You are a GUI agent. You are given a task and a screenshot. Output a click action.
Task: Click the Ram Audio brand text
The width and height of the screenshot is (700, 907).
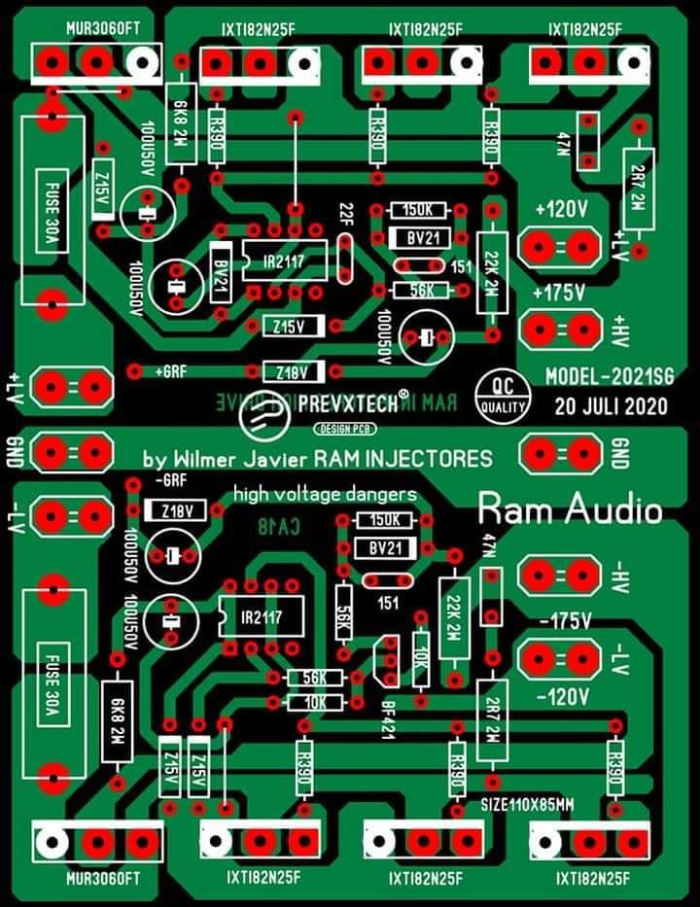click(570, 508)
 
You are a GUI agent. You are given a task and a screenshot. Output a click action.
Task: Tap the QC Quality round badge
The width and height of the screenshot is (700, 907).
click(502, 394)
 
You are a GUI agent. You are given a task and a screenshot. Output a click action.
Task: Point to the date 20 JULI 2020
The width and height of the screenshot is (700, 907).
click(611, 406)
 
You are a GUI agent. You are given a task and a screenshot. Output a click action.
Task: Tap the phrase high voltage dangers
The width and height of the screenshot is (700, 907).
click(325, 495)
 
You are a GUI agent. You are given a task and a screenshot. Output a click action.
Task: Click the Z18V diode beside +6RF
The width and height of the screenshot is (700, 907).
click(290, 371)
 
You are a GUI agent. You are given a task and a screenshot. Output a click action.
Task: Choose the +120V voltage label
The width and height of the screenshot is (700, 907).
click(561, 210)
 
